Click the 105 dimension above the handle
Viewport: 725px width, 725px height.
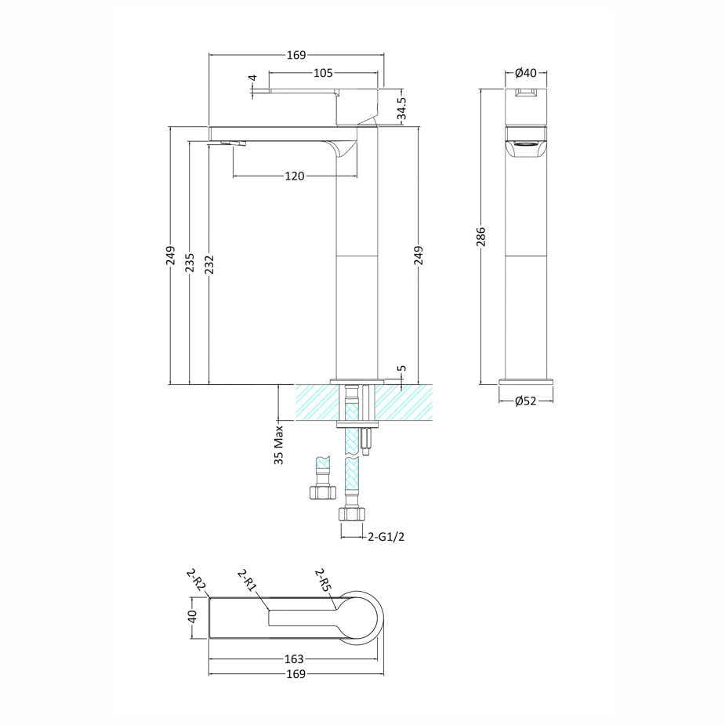pos(302,74)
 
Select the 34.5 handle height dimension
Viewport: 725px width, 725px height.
pos(402,109)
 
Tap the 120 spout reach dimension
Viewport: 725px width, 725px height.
pos(294,176)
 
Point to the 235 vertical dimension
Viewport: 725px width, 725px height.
pos(190,263)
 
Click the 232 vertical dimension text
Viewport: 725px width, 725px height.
pos(209,263)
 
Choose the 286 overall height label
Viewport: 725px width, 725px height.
pos(481,237)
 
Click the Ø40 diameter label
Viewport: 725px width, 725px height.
pos(525,73)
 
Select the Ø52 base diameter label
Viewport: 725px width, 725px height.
pos(525,401)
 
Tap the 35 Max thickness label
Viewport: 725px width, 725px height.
pos(279,445)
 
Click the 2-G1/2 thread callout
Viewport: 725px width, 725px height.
pos(386,537)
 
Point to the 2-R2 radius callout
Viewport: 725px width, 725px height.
pos(196,581)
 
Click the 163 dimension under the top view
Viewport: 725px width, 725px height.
pos(294,659)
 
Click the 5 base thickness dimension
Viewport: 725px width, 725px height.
pos(401,368)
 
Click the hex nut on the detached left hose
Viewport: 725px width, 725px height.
pos(321,492)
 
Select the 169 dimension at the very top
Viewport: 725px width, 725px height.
pos(295,55)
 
